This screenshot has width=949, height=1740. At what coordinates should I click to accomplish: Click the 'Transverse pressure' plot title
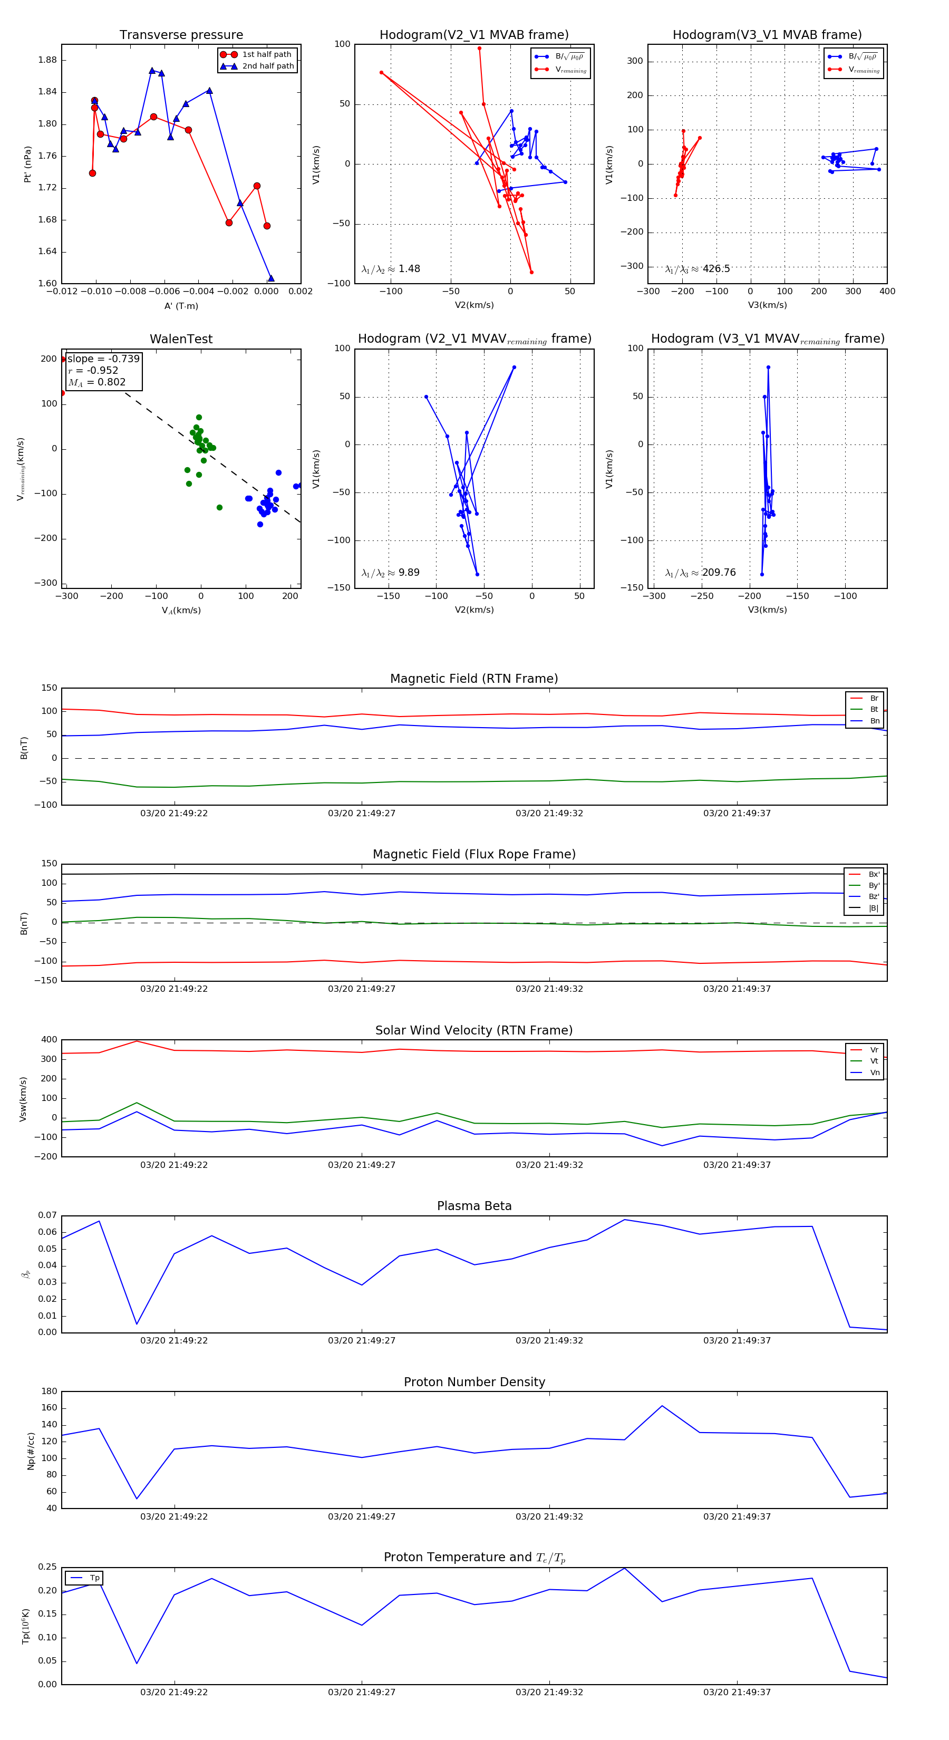181,35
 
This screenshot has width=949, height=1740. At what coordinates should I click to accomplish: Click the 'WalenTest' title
181,339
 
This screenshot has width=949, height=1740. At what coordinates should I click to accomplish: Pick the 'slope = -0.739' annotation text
103,359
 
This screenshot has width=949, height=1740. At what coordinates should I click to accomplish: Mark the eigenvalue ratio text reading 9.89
409,573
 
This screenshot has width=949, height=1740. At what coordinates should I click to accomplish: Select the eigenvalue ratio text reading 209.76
718,573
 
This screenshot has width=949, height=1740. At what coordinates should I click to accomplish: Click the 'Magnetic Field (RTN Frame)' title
474,679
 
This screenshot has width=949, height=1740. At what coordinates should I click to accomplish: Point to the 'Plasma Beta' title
474,1206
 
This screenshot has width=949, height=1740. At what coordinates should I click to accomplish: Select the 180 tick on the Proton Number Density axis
50,1391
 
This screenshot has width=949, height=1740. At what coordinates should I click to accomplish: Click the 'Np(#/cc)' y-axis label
31,1451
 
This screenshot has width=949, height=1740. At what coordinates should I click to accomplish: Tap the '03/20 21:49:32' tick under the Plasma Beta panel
549,1341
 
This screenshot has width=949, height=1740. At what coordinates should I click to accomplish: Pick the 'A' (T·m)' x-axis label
181,306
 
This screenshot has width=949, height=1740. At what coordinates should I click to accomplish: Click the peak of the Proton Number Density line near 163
662,1406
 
